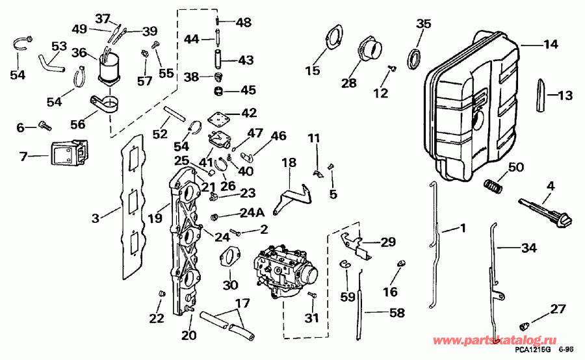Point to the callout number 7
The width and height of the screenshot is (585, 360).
pyautogui.click(x=23, y=157)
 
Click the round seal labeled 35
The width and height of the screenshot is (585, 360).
pyautogui.click(x=413, y=57)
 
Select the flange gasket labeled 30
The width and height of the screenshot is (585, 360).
pyautogui.click(x=227, y=257)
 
